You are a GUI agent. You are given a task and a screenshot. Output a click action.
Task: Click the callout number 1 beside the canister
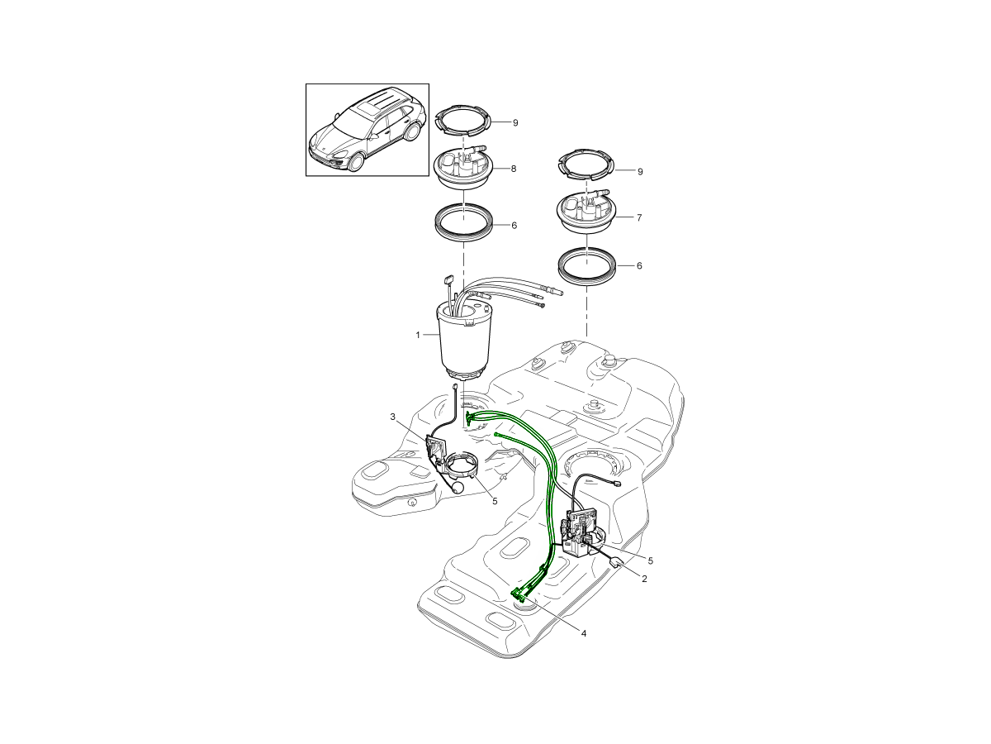click(x=418, y=335)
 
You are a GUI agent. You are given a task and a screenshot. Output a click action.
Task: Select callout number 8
click(x=514, y=169)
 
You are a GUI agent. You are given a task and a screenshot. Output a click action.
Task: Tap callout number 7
click(x=639, y=217)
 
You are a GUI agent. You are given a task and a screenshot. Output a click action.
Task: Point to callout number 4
click(x=583, y=634)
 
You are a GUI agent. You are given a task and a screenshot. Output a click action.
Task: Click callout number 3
click(x=393, y=416)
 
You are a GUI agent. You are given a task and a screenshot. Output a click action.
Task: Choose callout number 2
click(x=644, y=579)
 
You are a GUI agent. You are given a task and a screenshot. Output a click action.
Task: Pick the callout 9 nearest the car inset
click(x=515, y=123)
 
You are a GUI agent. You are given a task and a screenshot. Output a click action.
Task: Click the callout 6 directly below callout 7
click(x=639, y=265)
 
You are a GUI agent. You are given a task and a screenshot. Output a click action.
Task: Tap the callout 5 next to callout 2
click(x=650, y=560)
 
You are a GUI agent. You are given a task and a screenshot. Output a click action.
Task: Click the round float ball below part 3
click(x=458, y=488)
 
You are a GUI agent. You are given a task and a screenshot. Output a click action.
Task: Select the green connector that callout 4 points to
click(x=519, y=596)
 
